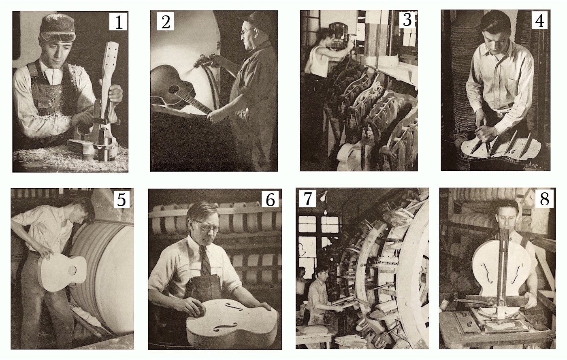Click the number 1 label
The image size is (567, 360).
point(118,21)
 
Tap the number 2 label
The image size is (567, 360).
point(165,21)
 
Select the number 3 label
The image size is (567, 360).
point(407,19)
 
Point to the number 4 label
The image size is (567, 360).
point(539,20)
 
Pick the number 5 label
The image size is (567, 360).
point(121,200)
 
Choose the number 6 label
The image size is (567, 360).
point(270,200)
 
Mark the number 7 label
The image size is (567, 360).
point(307,199)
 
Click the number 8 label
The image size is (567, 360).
point(545,199)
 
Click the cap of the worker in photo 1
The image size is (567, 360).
point(58,28)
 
